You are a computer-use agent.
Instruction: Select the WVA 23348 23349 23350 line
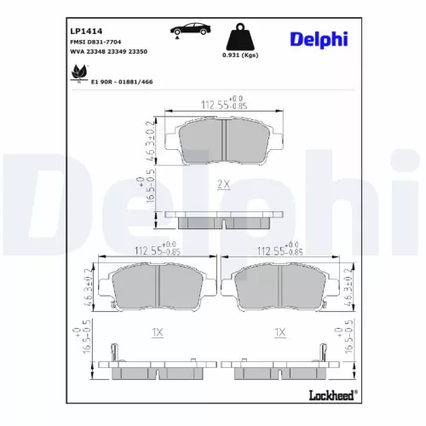[107, 50]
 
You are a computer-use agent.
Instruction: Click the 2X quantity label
[222, 183]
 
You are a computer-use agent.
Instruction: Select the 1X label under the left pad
[157, 333]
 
